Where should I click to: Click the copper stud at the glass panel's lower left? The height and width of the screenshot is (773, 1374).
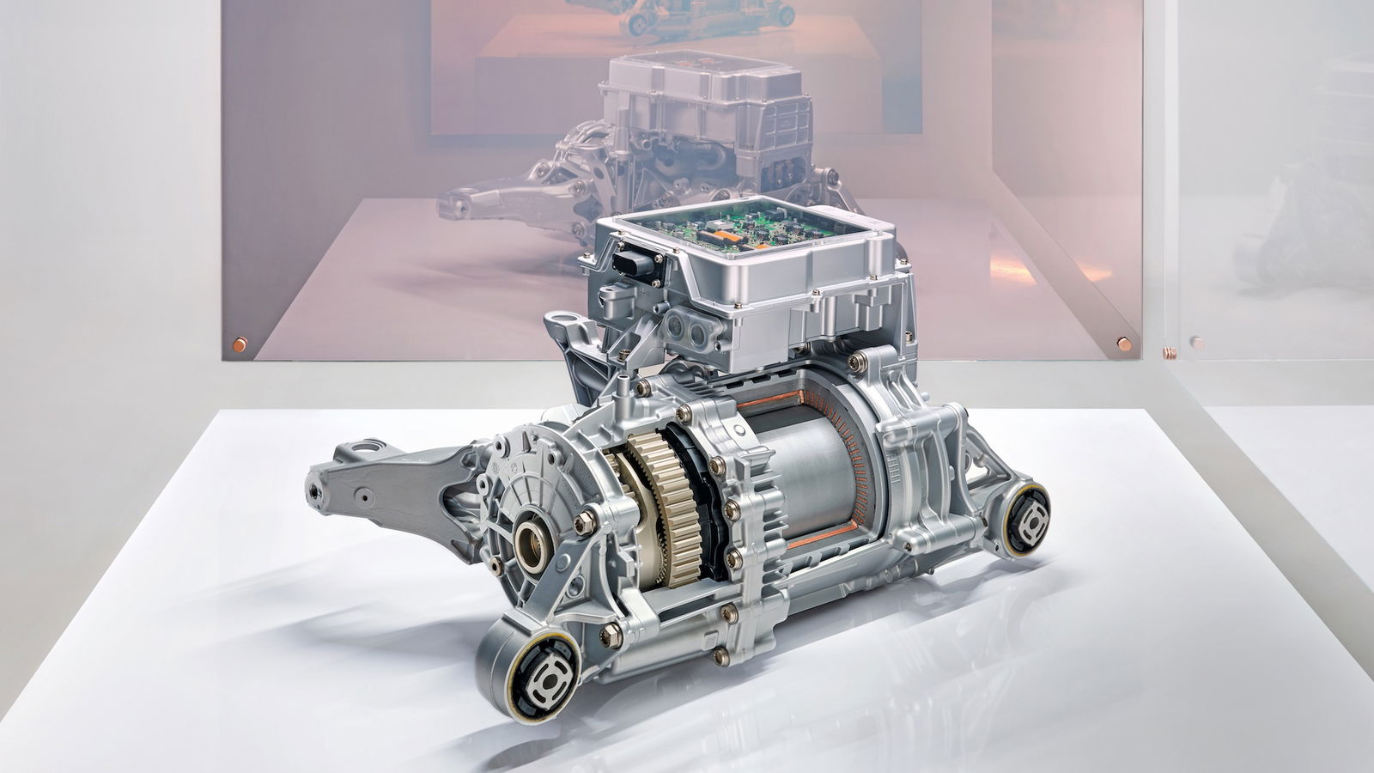point(238,344)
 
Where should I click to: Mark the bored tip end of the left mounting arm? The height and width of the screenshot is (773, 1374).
point(315,486)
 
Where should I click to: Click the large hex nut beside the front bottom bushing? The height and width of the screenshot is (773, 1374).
point(611,636)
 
